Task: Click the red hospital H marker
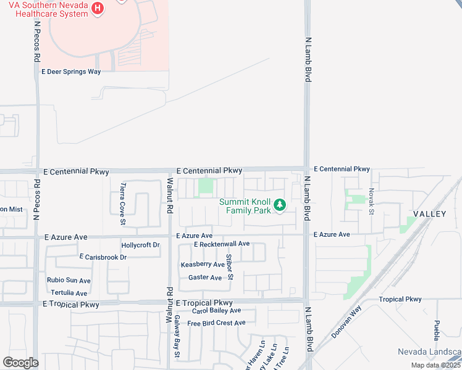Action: [98, 8]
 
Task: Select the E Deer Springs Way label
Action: [70, 72]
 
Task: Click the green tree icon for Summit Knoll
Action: [280, 205]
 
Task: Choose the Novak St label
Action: [372, 202]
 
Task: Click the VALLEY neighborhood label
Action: [429, 213]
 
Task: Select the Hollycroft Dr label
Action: [141, 245]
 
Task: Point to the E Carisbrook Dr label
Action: [103, 257]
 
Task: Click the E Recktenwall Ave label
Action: [221, 244]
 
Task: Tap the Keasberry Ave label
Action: [203, 265]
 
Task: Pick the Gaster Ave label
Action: [205, 278]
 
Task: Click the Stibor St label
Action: [229, 266]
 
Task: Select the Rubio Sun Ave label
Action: [69, 281]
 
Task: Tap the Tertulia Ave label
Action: [69, 293]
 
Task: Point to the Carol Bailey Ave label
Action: [216, 311]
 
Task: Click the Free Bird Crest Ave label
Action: [216, 323]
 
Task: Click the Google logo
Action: [20, 363]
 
